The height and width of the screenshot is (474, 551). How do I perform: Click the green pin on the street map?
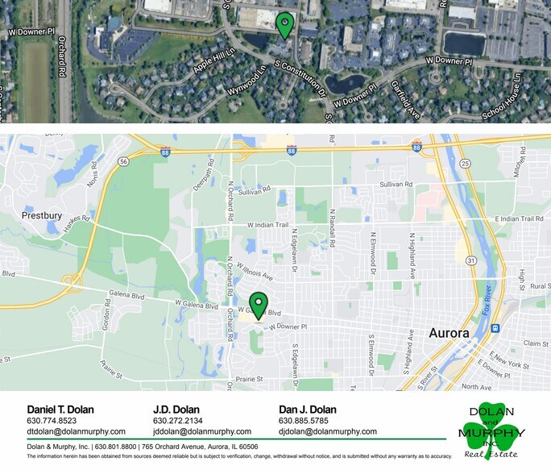[258, 305]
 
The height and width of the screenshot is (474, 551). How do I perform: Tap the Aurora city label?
[449, 332]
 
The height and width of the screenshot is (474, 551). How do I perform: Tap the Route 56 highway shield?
[123, 161]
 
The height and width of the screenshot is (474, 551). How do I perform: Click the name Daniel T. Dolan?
[60, 410]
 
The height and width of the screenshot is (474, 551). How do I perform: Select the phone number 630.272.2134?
[177, 421]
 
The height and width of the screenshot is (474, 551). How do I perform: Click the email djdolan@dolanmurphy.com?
[328, 432]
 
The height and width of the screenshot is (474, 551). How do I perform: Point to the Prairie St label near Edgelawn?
[251, 378]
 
